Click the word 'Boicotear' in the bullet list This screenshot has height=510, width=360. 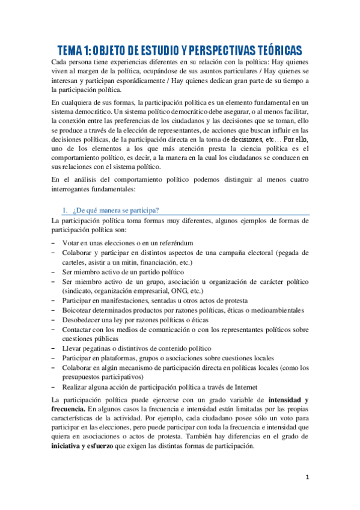click(79, 310)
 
